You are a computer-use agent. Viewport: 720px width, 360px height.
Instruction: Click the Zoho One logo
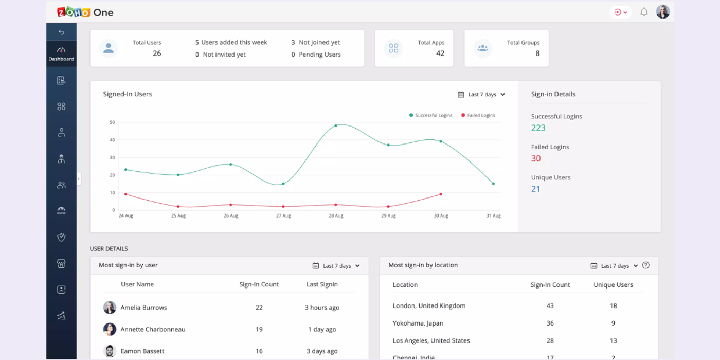[x=85, y=12]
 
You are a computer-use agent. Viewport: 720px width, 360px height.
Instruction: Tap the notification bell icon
[x=644, y=12]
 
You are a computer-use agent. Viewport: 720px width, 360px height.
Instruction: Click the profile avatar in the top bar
[x=663, y=12]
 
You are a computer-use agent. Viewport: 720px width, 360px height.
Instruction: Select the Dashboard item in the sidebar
[x=61, y=53]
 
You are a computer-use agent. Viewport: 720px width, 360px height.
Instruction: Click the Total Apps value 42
[x=440, y=53]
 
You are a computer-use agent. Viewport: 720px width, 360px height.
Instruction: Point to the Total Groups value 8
[x=537, y=53]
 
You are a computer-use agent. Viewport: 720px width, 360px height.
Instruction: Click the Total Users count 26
[x=157, y=53]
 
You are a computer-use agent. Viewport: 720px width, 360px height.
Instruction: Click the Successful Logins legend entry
[x=430, y=115]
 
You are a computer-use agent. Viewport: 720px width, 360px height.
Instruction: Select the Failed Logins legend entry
[x=478, y=115]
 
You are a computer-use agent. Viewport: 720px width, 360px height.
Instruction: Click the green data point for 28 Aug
[x=336, y=125]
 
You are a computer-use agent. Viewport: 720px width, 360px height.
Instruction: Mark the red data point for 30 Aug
[x=441, y=194]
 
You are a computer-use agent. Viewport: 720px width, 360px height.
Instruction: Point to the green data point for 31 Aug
[x=493, y=184]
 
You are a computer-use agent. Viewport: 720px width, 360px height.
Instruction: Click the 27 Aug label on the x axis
[x=283, y=216]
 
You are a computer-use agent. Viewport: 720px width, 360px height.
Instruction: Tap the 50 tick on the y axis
[x=112, y=122]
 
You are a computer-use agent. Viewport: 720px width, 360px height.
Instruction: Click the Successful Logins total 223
[x=538, y=128]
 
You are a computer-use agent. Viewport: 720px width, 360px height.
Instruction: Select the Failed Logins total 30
[x=536, y=158]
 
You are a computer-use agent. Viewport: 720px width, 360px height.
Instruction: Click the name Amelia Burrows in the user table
[x=143, y=308]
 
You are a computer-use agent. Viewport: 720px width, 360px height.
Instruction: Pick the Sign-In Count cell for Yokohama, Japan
[x=550, y=323]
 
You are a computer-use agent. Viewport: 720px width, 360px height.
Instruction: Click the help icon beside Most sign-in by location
[x=646, y=265]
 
